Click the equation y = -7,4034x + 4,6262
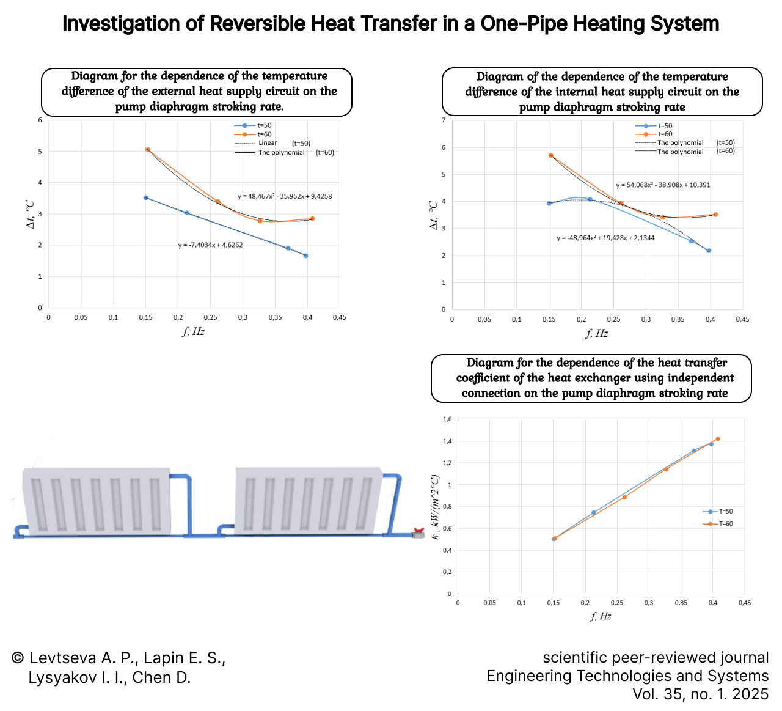(210, 245)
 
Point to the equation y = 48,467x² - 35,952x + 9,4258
(285, 197)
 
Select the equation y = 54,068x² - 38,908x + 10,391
(663, 185)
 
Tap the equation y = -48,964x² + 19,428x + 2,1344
(605, 238)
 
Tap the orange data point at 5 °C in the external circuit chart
(148, 149)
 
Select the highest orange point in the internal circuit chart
(551, 155)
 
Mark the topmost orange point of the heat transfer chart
(717, 439)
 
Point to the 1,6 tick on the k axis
(447, 419)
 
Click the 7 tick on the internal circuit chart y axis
(444, 120)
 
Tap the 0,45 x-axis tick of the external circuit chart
(339, 317)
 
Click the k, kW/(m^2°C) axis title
(435, 507)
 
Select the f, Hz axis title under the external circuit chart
(193, 331)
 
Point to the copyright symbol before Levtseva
(18, 658)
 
